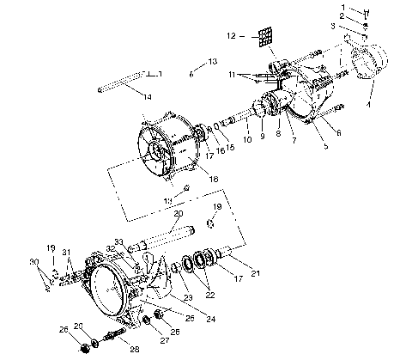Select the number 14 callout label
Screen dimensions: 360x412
pyautogui.click(x=148, y=97)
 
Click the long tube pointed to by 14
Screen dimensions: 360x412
pyautogui.click(x=121, y=85)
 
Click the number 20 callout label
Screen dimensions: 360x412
pyautogui.click(x=179, y=213)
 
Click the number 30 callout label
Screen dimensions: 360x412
pyautogui.click(x=33, y=261)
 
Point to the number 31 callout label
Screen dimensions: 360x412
pyautogui.click(x=66, y=252)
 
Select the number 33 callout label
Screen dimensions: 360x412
pyautogui.click(x=118, y=241)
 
